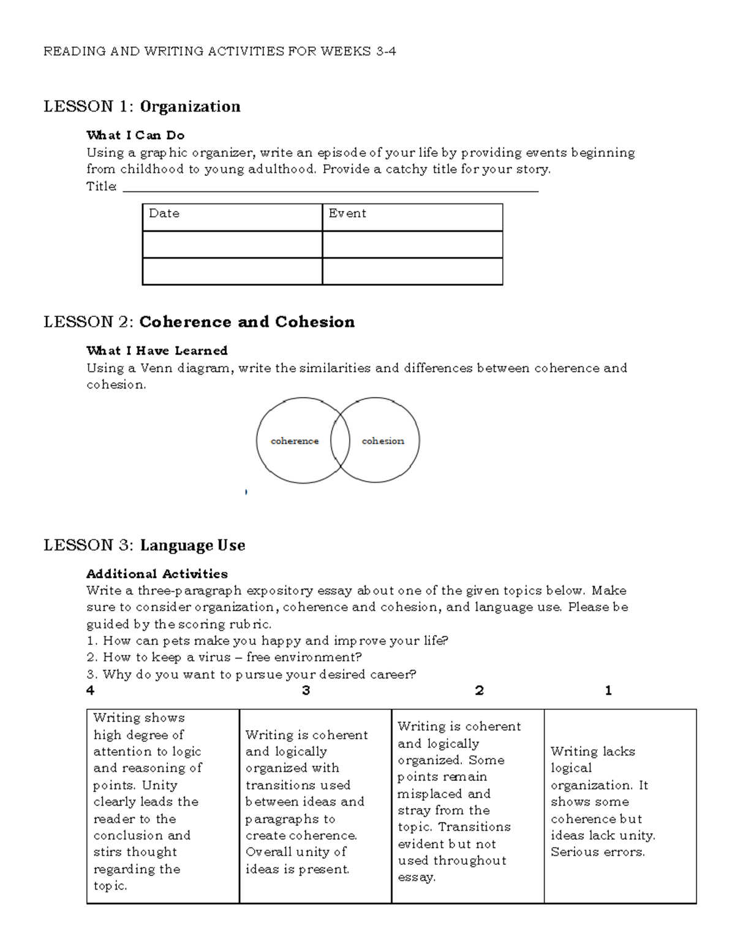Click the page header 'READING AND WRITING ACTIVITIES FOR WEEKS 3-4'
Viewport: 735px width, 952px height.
[x=219, y=51]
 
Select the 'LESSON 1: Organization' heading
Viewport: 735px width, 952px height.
[x=141, y=107]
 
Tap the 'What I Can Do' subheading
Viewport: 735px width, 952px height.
[x=135, y=135]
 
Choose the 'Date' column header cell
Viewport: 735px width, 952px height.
[x=232, y=217]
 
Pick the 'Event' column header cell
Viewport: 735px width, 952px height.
[x=412, y=217]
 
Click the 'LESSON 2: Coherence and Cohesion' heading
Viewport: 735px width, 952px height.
[x=199, y=322]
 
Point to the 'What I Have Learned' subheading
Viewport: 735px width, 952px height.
[x=157, y=351]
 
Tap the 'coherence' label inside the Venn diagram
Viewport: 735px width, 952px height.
[x=295, y=441]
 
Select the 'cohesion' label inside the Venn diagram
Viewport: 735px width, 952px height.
[x=383, y=441]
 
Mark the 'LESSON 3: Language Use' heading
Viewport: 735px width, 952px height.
[x=144, y=545]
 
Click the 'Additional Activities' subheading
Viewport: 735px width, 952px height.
[x=157, y=574]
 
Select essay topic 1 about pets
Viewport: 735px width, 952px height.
[x=268, y=641]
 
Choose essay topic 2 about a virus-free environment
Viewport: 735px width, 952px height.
[x=224, y=657]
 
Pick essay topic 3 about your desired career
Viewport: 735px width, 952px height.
[x=251, y=674]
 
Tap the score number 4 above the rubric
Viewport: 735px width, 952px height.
[x=91, y=691]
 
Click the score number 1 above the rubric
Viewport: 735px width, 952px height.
[x=608, y=691]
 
